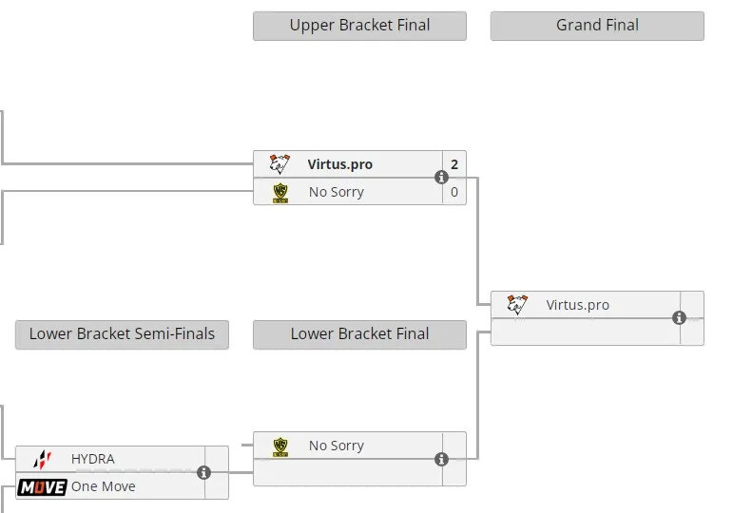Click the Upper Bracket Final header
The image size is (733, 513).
pyautogui.click(x=359, y=26)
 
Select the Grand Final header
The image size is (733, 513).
pyautogui.click(x=597, y=26)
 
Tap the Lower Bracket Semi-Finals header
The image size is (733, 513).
pyautogui.click(x=122, y=334)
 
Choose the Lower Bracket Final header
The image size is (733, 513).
pyautogui.click(x=359, y=334)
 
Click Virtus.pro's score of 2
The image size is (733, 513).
pyautogui.click(x=454, y=164)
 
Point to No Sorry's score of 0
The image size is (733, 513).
pyautogui.click(x=454, y=192)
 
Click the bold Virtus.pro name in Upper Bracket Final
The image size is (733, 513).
pyautogui.click(x=339, y=164)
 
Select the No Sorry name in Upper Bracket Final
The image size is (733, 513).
pyautogui.click(x=337, y=192)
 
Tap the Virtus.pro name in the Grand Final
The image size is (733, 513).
pyautogui.click(x=578, y=305)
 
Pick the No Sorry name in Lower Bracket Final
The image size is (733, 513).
pyautogui.click(x=337, y=446)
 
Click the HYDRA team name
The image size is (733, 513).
pyautogui.click(x=93, y=459)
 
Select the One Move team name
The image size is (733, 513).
pyautogui.click(x=104, y=486)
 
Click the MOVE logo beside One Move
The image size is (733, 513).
pyautogui.click(x=42, y=487)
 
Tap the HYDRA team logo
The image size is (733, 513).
pyautogui.click(x=43, y=460)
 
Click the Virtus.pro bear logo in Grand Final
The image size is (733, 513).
pyautogui.click(x=517, y=305)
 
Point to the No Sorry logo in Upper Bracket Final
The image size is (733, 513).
pyautogui.click(x=280, y=193)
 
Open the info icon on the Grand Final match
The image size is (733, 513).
pyautogui.click(x=679, y=318)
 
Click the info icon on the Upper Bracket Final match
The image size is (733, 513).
pyautogui.click(x=442, y=178)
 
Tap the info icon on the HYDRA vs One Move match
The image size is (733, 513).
pyautogui.click(x=203, y=473)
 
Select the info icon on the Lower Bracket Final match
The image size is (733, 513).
pyautogui.click(x=442, y=460)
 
